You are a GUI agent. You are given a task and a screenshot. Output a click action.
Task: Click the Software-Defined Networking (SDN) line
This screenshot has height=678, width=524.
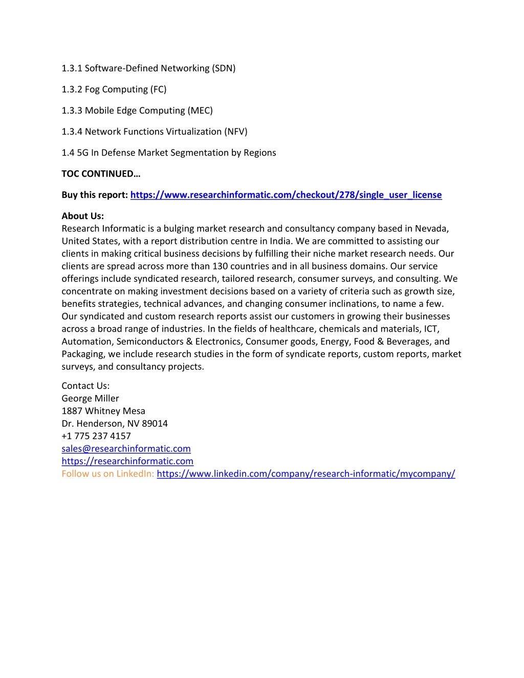click(x=148, y=69)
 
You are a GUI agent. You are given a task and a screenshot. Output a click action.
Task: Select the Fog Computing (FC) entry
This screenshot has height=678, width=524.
click(x=114, y=90)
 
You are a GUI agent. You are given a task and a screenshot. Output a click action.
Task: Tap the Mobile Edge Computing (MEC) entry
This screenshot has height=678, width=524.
click(x=137, y=111)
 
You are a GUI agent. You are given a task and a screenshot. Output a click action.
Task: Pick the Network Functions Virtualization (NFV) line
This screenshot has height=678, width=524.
click(x=155, y=132)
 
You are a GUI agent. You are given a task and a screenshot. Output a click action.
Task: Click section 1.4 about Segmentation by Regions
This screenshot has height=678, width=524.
click(x=169, y=152)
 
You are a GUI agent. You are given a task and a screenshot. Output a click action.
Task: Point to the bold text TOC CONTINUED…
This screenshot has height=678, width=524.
click(x=101, y=174)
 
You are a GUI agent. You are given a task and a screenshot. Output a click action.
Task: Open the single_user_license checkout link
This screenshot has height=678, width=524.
click(x=286, y=195)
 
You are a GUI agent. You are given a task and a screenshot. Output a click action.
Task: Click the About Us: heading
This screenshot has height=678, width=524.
click(x=82, y=216)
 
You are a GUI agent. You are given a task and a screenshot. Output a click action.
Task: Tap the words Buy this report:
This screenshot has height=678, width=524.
click(x=95, y=195)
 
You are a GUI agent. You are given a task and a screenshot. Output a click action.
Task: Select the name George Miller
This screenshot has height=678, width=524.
click(x=90, y=399)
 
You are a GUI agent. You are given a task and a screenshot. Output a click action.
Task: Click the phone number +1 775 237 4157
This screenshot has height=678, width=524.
click(x=96, y=436)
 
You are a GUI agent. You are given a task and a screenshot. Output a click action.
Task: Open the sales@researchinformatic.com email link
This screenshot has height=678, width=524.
click(x=126, y=449)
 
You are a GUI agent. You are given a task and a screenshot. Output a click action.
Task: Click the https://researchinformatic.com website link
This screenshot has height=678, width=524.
click(x=127, y=461)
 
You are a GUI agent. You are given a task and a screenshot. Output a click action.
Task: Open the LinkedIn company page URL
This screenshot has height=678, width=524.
click(x=305, y=474)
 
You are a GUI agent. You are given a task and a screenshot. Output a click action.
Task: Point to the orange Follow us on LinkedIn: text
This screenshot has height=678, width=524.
click(x=107, y=474)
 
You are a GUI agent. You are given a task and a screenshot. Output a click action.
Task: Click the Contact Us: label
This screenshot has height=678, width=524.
click(x=85, y=386)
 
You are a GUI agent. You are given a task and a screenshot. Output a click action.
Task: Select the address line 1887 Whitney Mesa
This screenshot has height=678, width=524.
click(x=103, y=411)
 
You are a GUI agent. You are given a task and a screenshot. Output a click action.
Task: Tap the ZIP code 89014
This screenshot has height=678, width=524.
click(x=155, y=424)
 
